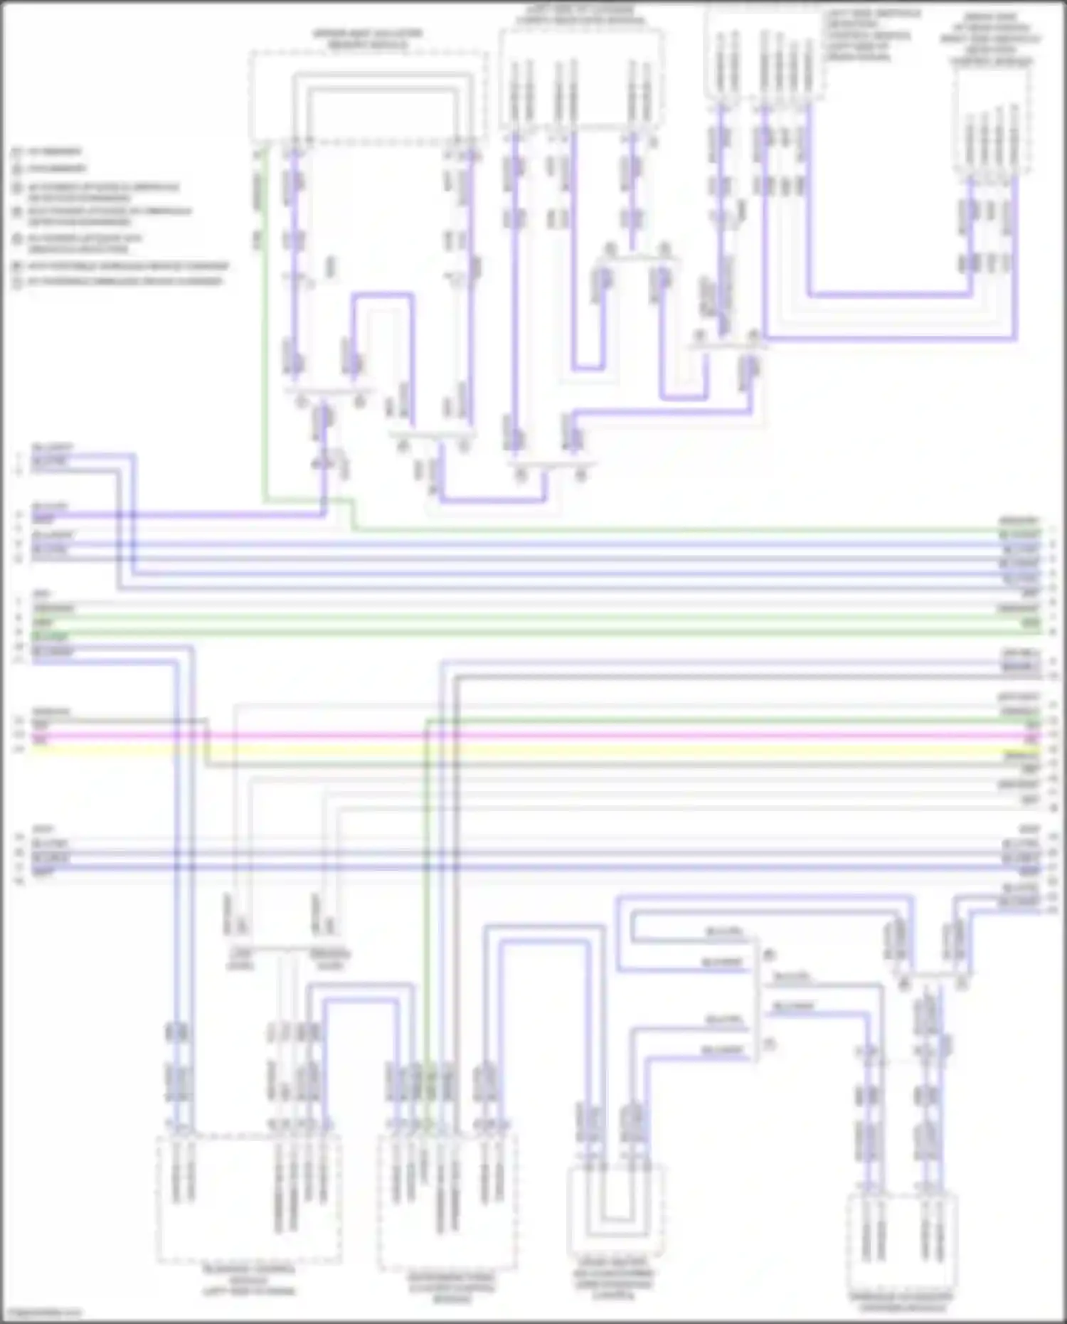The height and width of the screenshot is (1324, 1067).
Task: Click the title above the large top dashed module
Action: point(366,39)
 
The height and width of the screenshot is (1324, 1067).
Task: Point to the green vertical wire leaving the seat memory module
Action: point(265,320)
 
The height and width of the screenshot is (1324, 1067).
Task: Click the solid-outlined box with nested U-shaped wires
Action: point(616,1209)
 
